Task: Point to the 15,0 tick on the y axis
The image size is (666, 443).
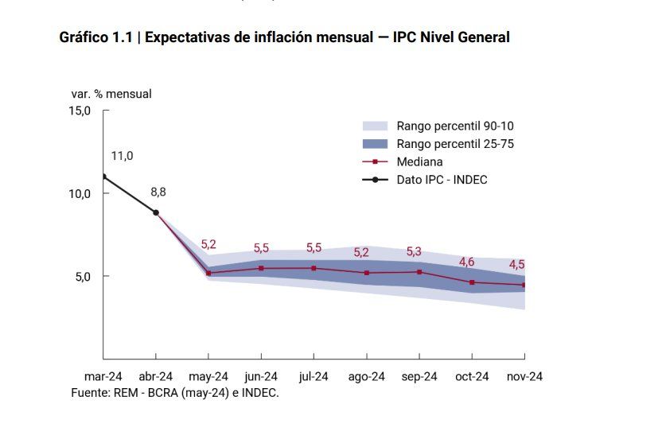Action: (x=80, y=111)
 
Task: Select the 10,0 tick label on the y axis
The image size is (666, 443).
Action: (x=80, y=194)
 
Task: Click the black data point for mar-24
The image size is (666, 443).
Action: (x=103, y=177)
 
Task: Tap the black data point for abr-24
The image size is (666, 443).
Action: (x=156, y=212)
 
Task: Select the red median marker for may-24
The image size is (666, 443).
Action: (x=208, y=274)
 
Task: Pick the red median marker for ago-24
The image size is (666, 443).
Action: (x=367, y=273)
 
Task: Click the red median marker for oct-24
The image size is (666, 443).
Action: (x=473, y=282)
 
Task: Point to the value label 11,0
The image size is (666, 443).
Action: (x=122, y=156)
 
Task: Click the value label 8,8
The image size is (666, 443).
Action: (x=158, y=192)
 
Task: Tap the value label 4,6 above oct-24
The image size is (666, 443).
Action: (x=467, y=262)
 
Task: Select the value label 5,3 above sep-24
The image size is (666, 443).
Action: (x=414, y=251)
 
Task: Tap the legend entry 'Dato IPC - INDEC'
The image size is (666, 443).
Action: (x=442, y=180)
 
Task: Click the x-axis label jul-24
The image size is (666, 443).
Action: (x=314, y=376)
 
